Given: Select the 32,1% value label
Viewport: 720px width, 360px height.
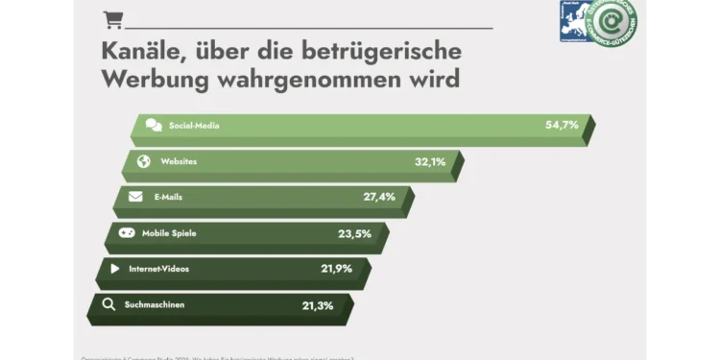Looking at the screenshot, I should pos(430,161).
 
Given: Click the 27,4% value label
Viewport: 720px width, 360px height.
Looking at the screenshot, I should pos(379,197).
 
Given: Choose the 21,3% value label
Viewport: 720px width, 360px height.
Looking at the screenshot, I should pos(318,305).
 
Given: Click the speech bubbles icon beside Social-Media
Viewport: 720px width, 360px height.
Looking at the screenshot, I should pos(154,125).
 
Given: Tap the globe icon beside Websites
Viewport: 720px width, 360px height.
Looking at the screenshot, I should pos(144,161).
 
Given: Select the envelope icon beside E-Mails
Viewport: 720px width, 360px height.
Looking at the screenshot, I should pos(135,197).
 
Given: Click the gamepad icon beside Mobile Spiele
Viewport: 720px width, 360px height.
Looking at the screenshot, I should pos(127,232).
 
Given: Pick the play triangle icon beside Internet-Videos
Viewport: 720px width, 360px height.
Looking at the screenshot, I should pos(115,269).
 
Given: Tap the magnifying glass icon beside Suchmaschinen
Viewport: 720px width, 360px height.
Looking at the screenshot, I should pos(108,305).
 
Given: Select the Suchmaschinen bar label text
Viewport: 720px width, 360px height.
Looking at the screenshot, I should pos(155,305).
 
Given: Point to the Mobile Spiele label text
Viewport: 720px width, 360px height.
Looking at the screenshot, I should pos(169,233).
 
